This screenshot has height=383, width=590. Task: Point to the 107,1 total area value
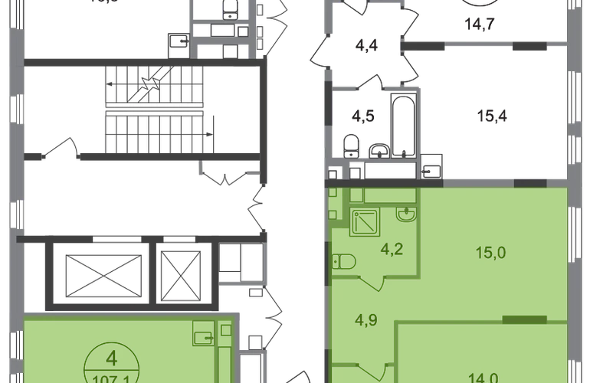(x=112, y=377)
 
